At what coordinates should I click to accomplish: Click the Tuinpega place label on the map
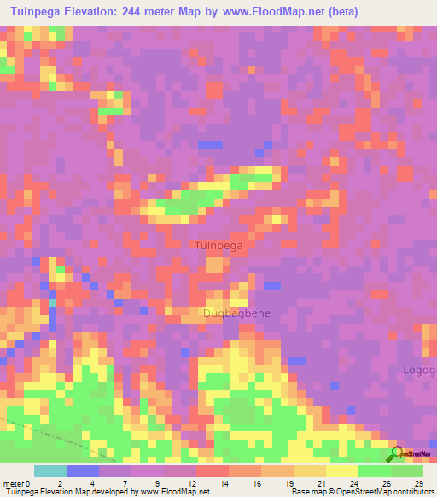click(x=219, y=245)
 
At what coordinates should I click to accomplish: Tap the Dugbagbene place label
click(x=236, y=313)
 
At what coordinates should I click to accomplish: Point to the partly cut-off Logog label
click(x=419, y=370)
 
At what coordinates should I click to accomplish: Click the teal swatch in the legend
click(x=50, y=471)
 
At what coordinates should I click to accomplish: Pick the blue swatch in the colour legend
click(x=83, y=471)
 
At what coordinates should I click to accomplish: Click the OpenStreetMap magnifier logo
click(x=397, y=453)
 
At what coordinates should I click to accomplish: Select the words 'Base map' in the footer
click(x=308, y=492)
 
